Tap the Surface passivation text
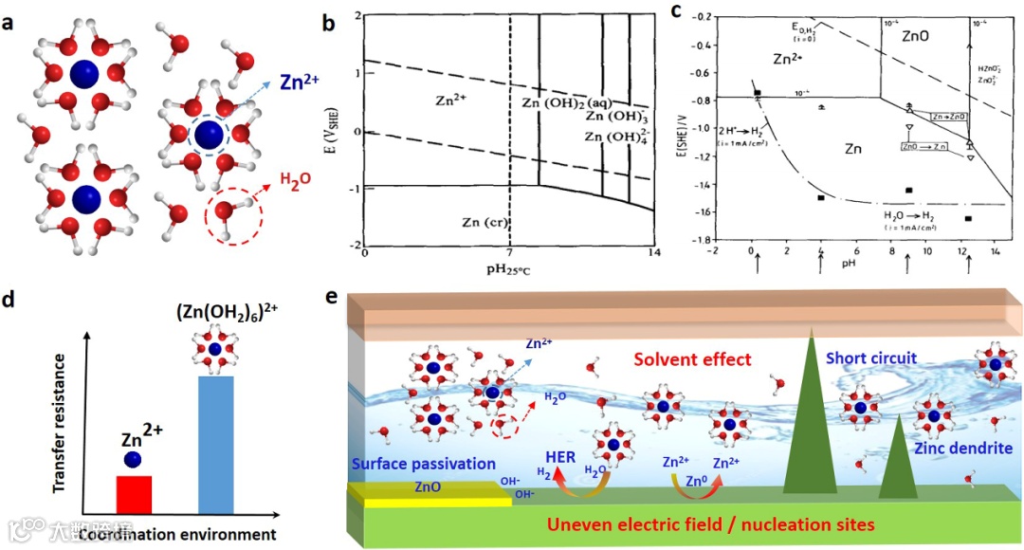pyautogui.click(x=422, y=464)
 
